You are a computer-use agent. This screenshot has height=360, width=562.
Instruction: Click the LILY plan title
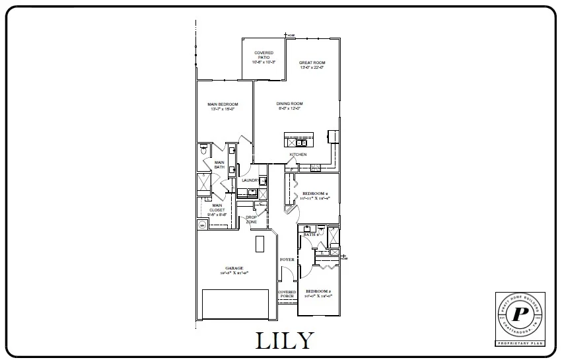tap(284, 340)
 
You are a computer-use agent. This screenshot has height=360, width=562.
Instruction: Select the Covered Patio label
tap(264, 57)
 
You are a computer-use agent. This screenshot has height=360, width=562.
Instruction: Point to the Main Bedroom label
tap(223, 105)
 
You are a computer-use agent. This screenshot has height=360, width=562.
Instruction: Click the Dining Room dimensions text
tap(289, 109)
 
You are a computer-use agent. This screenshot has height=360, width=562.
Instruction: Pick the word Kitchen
tap(298, 155)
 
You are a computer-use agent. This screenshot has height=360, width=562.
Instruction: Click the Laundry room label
tap(250, 180)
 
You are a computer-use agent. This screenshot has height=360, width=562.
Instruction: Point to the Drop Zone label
tap(251, 219)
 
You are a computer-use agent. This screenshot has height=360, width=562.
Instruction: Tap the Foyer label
tap(287, 260)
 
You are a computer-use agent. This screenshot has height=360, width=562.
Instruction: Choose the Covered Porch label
tap(287, 294)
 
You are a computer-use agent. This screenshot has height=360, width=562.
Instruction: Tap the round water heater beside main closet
tap(202, 223)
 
